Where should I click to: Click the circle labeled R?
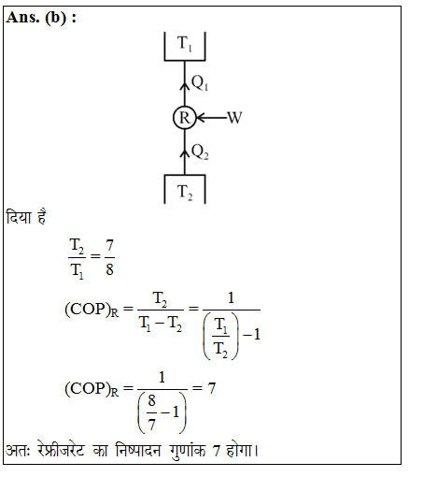185,118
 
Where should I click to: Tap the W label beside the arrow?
234,118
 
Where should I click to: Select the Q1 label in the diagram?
200,83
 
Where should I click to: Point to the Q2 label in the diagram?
200,152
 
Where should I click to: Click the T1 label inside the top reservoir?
185,43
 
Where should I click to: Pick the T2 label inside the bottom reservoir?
185,192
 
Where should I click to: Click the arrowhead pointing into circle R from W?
201,118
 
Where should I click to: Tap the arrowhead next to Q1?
185,86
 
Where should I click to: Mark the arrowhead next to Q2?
185,153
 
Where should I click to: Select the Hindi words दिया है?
26,217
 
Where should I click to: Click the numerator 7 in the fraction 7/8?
109,245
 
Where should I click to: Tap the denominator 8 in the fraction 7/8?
109,269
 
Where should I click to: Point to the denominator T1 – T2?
161,324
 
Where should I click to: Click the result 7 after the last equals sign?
212,388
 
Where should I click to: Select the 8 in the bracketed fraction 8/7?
151,400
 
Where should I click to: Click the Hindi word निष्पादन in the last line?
137,451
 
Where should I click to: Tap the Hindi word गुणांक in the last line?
188,451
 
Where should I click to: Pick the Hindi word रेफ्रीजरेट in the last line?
61,451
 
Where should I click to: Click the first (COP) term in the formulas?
88,309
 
